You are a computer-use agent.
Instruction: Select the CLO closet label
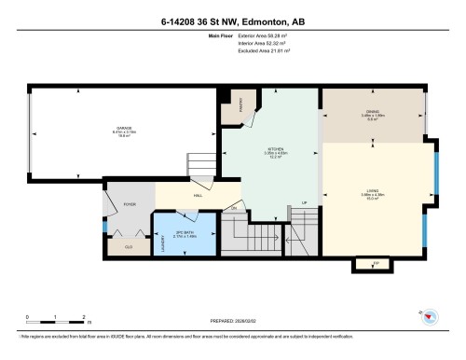(x=128, y=247)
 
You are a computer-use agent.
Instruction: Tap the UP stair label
(x=304, y=202)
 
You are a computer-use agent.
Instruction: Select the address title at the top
(x=232, y=22)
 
